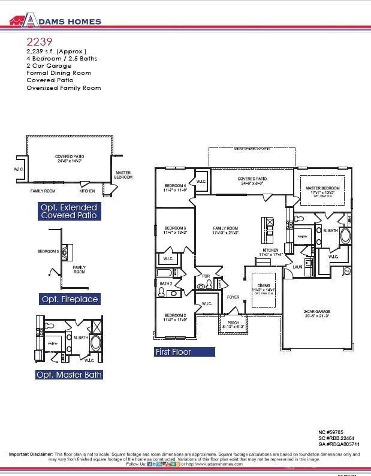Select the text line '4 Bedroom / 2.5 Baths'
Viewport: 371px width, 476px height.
[x=62, y=59]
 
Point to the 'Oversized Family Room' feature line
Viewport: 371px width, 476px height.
[x=64, y=88]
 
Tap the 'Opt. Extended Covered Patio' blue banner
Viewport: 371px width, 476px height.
[x=69, y=211]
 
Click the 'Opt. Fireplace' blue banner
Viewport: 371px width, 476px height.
[x=69, y=299]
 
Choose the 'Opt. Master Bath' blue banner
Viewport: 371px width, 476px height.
[x=69, y=375]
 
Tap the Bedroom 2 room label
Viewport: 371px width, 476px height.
[x=175, y=315]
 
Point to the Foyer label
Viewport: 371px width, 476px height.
[x=233, y=297]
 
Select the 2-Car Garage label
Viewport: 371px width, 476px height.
[x=317, y=312]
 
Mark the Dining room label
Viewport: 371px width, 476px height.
[x=264, y=285]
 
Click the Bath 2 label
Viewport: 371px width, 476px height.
[x=166, y=283]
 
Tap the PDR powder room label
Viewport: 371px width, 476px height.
[x=206, y=276]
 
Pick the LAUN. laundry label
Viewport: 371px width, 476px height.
[x=297, y=267]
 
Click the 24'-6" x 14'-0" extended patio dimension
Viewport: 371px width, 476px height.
[x=69, y=161]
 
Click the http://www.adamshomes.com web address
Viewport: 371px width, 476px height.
[x=214, y=464]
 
